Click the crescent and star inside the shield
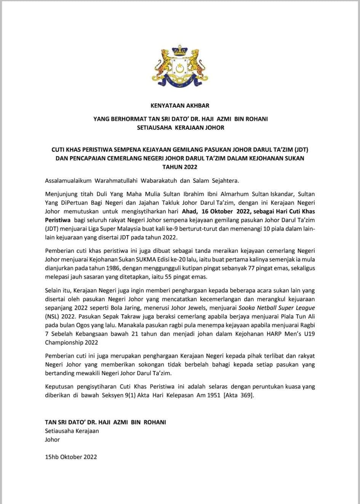(x=180, y=69)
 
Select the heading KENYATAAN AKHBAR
(x=180, y=105)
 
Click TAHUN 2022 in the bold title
(x=180, y=167)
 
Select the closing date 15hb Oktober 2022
(x=71, y=457)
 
